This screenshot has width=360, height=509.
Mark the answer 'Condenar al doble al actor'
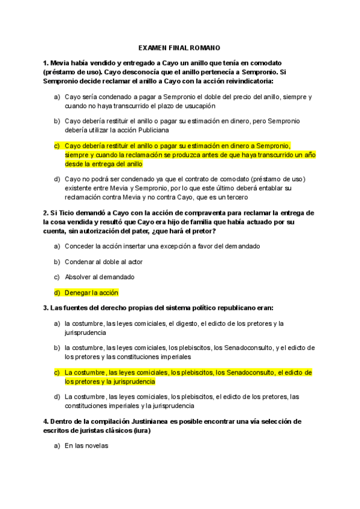(104, 261)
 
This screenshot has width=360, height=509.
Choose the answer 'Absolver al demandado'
(99, 277)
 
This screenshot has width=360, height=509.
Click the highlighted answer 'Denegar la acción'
(91, 292)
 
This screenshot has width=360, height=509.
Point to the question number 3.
(46, 308)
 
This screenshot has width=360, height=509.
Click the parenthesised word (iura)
(142, 430)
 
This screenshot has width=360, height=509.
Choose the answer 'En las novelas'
(86, 446)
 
